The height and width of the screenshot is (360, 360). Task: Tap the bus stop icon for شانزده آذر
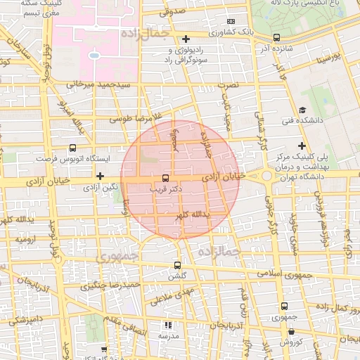[276, 38]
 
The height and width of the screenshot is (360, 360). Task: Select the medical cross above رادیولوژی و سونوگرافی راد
[186, 39]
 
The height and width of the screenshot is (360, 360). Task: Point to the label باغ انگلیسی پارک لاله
[316, 5]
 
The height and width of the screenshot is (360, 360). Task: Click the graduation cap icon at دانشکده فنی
[302, 110]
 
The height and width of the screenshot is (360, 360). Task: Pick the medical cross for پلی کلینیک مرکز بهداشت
[302, 145]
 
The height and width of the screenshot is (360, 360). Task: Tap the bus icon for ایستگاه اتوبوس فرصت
[72, 148]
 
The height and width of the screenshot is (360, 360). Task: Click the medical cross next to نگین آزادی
[101, 176]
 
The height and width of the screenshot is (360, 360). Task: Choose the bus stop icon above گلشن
[177, 266]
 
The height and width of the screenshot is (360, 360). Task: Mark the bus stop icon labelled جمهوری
[284, 306]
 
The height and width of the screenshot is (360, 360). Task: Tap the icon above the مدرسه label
[167, 325]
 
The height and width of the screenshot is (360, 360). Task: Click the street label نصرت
[228, 84]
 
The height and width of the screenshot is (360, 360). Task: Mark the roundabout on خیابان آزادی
[266, 175]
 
